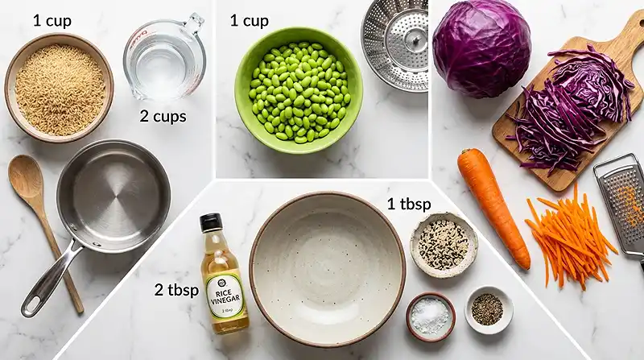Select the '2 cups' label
tap(163, 117)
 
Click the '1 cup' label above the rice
tap(52, 20)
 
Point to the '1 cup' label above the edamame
tap(249, 20)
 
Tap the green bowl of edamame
tap(298, 90)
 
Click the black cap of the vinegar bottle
tap(211, 222)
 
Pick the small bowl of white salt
tap(430, 316)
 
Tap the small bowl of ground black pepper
tap(488, 309)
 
